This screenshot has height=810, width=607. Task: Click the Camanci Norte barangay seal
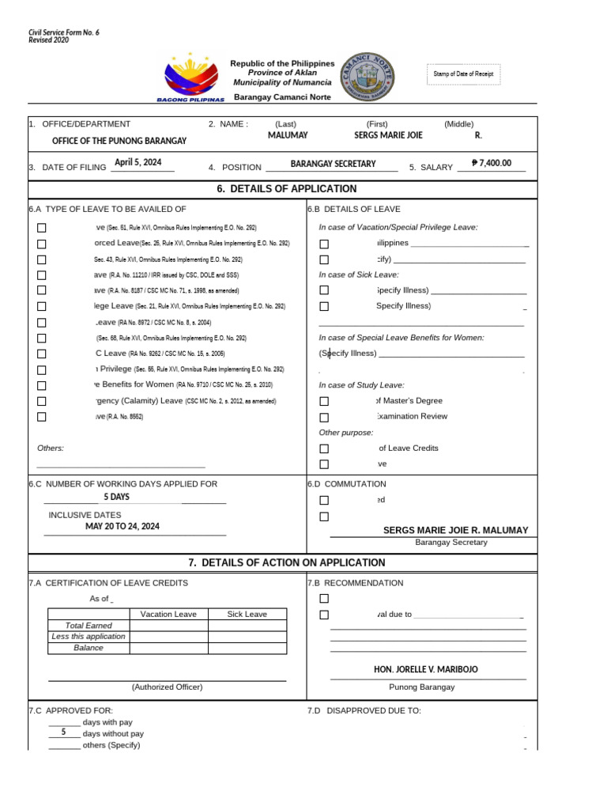(x=365, y=76)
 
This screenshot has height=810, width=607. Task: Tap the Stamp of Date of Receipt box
(x=463, y=74)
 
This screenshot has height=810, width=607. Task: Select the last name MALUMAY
(x=288, y=135)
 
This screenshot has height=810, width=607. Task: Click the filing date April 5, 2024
(x=138, y=162)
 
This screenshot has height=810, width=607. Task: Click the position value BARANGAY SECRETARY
(x=333, y=164)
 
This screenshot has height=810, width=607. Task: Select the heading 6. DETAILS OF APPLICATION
(x=286, y=189)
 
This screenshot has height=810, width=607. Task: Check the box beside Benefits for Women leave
(x=42, y=385)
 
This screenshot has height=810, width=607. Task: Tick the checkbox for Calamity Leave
(x=42, y=401)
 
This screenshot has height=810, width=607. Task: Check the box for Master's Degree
(x=324, y=401)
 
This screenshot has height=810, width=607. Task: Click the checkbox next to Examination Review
(x=324, y=417)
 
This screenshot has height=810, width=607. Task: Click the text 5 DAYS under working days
(x=116, y=498)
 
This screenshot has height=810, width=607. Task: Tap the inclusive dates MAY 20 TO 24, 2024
(x=123, y=526)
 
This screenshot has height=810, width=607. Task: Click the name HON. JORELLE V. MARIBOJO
(x=425, y=669)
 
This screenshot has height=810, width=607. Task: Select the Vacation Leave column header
(x=168, y=614)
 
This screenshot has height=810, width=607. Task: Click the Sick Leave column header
(x=247, y=614)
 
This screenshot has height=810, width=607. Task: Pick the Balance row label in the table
(x=89, y=648)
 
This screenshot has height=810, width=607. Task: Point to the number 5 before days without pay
(x=63, y=732)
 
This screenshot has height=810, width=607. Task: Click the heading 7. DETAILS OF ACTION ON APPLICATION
(x=287, y=562)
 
